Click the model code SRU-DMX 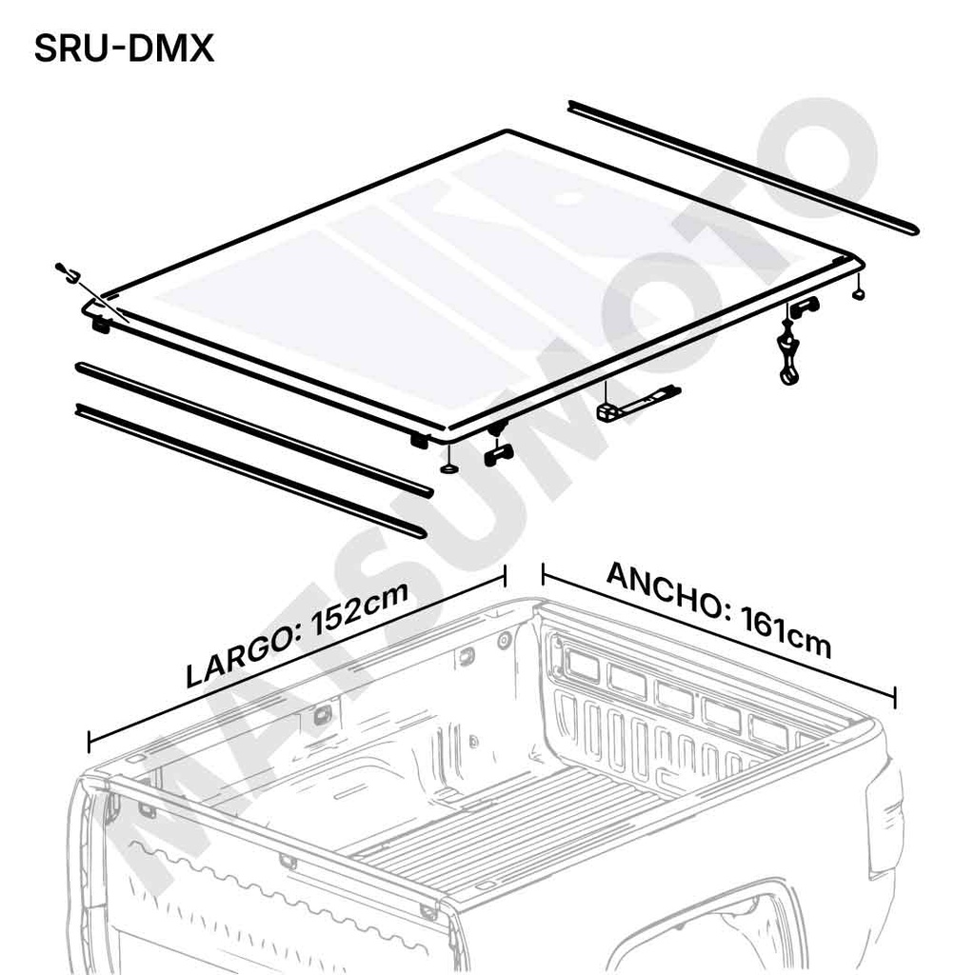point(124,48)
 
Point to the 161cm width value point(786,635)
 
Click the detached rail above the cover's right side point(743,168)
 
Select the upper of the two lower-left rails point(254,429)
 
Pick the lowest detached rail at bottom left point(250,470)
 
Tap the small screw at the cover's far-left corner point(65,270)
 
